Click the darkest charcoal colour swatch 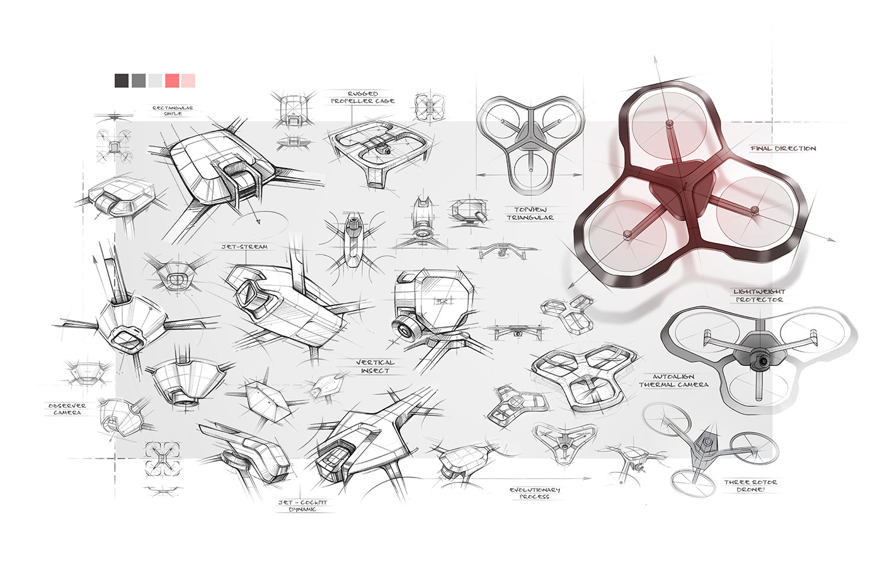(x=122, y=81)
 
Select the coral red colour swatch (x=172, y=81)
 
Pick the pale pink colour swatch (x=188, y=81)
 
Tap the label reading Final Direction (x=783, y=149)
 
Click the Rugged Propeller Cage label (x=363, y=97)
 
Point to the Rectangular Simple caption (x=173, y=111)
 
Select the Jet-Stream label (x=244, y=247)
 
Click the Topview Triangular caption (x=530, y=214)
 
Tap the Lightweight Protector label (x=759, y=295)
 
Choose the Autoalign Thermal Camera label (x=673, y=380)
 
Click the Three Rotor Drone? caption (x=750, y=486)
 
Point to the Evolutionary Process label (x=535, y=493)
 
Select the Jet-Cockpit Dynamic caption (x=302, y=506)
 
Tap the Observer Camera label (x=67, y=409)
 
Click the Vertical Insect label (x=375, y=367)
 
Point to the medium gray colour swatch (x=139, y=81)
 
